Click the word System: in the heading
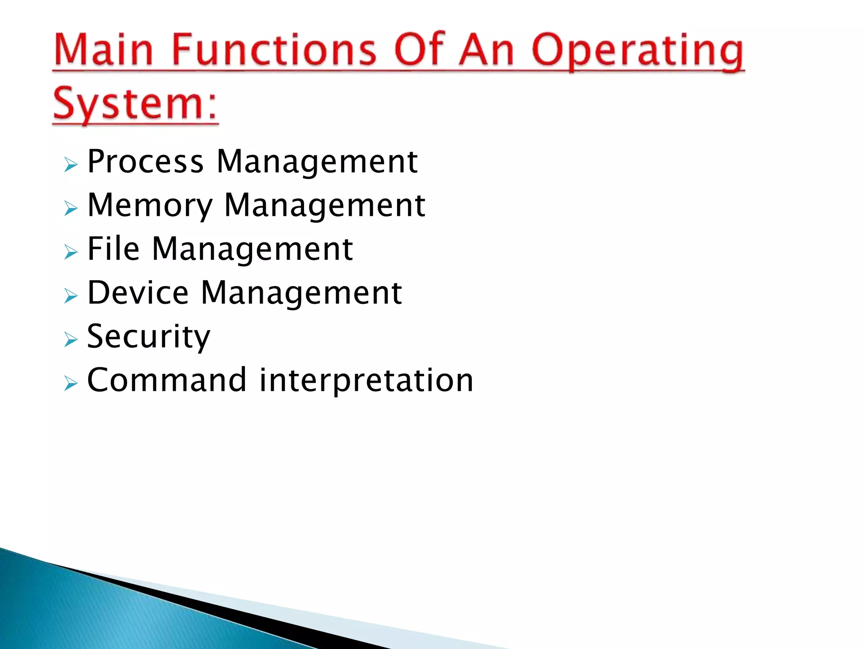[135, 104]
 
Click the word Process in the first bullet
[145, 161]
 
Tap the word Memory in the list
[150, 206]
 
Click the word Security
[148, 337]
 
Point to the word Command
[166, 380]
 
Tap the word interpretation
[366, 381]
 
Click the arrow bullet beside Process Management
[71, 164]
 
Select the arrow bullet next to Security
[71, 339]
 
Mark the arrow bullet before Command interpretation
[71, 383]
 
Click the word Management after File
[252, 249]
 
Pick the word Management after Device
[301, 293]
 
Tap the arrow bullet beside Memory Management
[71, 208]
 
